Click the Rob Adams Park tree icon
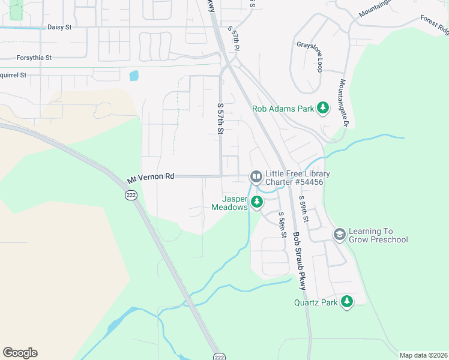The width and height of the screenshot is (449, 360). (324, 108)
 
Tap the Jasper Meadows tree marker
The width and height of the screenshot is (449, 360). (257, 202)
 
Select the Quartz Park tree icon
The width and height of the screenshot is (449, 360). (346, 302)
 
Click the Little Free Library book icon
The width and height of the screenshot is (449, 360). (256, 176)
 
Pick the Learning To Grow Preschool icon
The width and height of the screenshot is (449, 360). (339, 235)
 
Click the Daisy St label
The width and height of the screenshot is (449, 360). (59, 27)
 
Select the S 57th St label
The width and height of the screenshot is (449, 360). (220, 118)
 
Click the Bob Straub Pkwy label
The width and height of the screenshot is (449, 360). (299, 261)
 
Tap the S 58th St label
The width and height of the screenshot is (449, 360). (282, 224)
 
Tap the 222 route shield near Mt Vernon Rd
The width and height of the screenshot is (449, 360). (131, 196)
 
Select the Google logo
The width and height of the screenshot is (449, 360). (20, 353)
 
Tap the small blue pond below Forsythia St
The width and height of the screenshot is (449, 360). (133, 76)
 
